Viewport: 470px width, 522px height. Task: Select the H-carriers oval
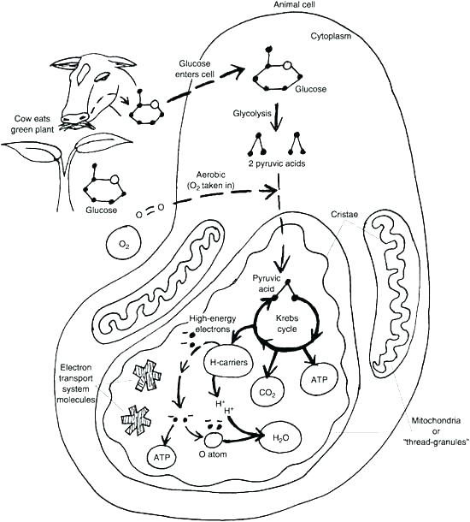tap(228, 362)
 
